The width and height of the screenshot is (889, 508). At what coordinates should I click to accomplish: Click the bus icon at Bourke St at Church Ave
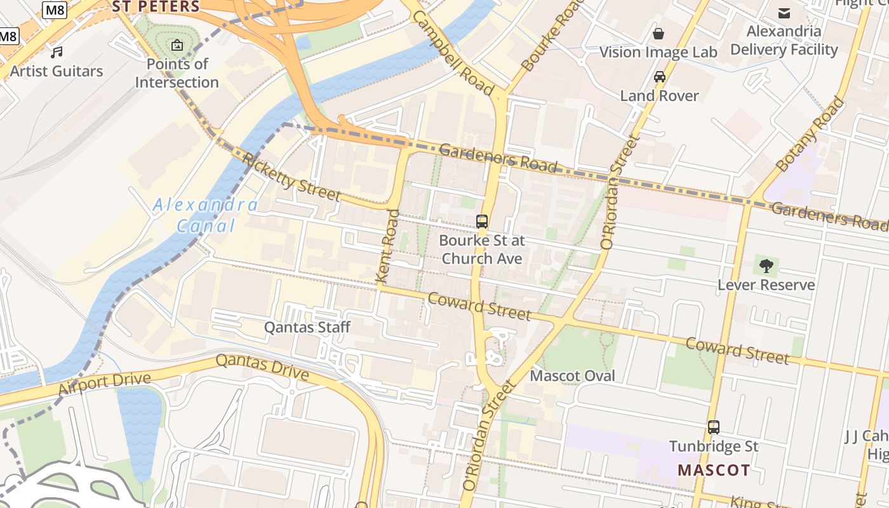point(482,222)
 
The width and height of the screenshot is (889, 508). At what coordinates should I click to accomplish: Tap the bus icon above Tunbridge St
point(714,427)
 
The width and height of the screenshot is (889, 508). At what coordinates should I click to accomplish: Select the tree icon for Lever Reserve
point(766,265)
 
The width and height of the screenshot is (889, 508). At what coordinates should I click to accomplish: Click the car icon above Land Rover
point(660,77)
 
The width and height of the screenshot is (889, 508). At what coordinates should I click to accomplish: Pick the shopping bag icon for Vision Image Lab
point(658,33)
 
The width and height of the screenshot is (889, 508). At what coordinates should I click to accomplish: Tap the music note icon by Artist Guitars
point(57,52)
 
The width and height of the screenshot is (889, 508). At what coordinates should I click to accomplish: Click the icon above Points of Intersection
point(177,45)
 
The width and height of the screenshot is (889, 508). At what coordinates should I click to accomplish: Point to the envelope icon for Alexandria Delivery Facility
point(784,13)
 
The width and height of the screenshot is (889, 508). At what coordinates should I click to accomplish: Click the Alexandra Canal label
point(205,215)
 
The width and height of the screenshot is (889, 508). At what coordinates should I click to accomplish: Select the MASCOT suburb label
point(713,471)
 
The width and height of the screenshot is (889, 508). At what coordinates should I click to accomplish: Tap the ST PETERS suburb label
point(156,7)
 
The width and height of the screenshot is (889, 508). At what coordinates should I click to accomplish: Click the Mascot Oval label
point(572,375)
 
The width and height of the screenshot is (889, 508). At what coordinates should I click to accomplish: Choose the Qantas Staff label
point(307,327)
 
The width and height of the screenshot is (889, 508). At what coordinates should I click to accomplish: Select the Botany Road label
point(810,134)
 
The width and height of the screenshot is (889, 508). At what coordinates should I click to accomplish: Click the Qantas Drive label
point(262,368)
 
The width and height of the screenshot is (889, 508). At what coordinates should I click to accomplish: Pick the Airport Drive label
point(105,385)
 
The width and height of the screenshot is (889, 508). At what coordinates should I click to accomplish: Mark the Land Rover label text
point(659,96)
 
